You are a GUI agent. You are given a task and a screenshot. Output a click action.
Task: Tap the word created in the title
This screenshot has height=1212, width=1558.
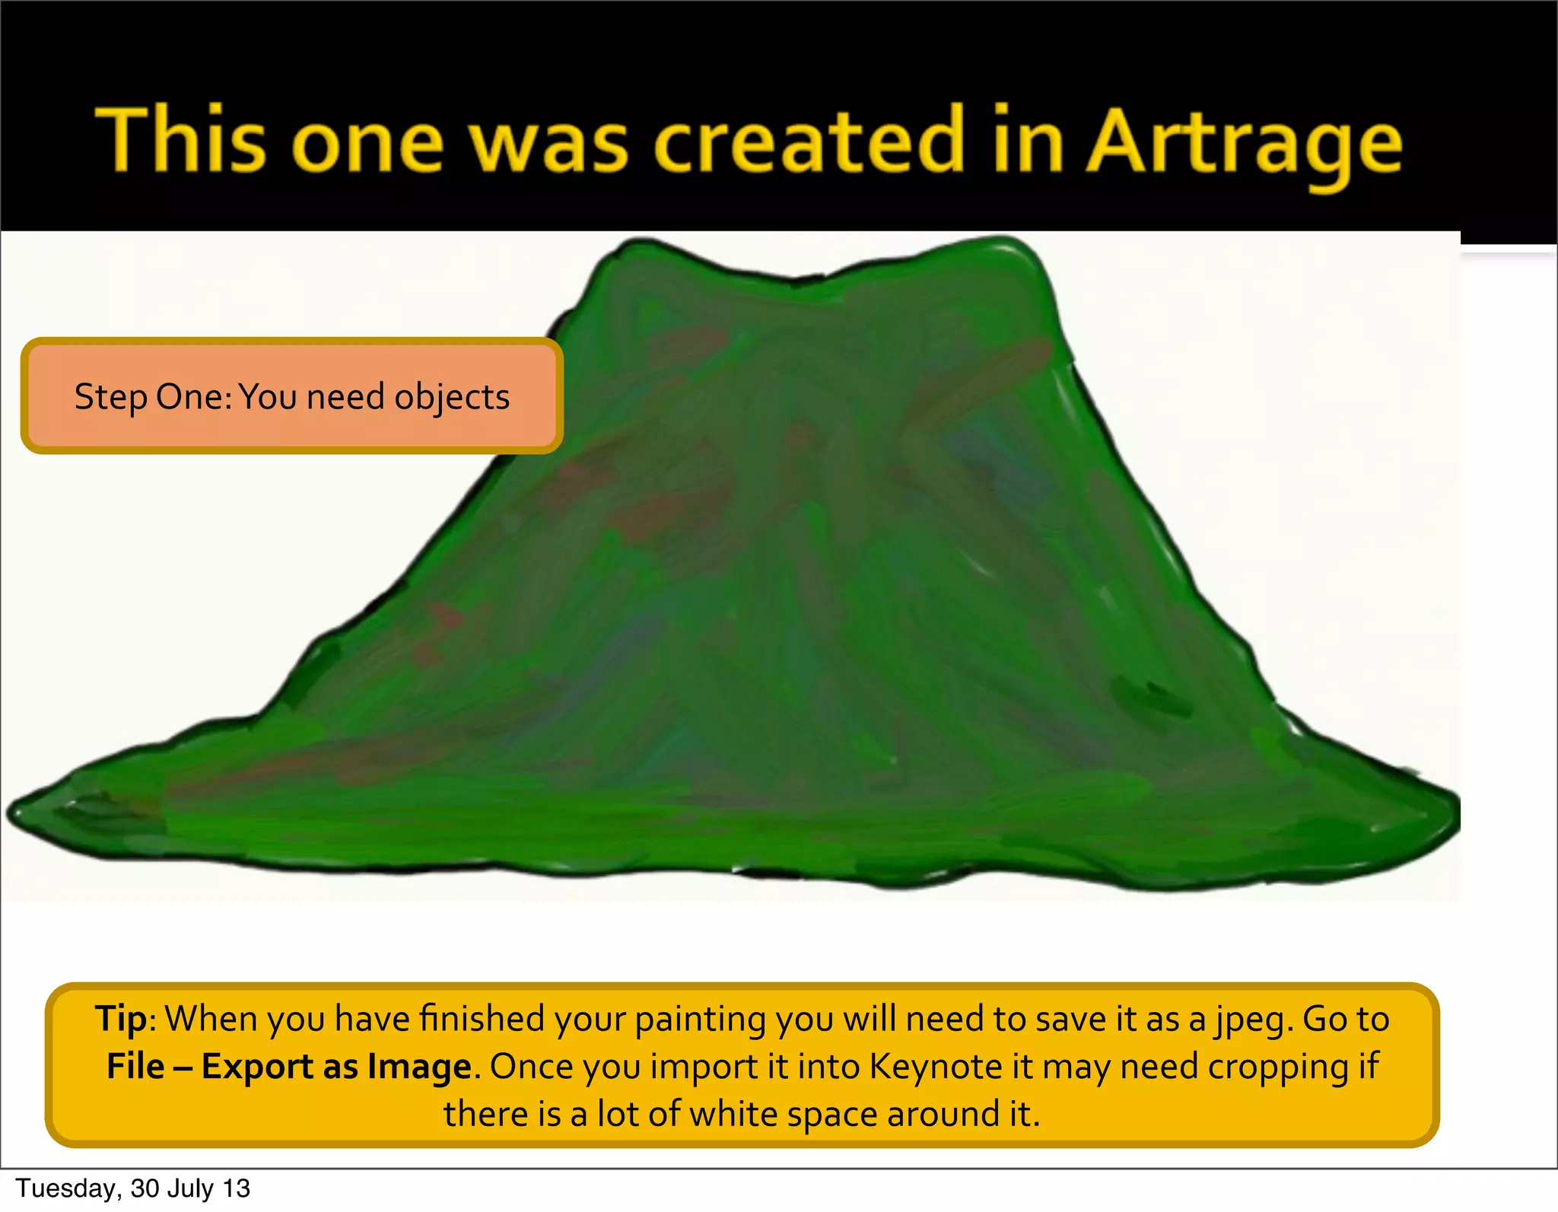(x=809, y=141)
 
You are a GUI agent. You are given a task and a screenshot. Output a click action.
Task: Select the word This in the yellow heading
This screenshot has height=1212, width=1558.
(x=181, y=141)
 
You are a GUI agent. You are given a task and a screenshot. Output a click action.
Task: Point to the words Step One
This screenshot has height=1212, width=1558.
(x=152, y=397)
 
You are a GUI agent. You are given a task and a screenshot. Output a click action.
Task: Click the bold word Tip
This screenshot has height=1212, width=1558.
(x=120, y=1020)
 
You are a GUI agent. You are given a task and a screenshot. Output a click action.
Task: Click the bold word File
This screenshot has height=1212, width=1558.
(x=135, y=1067)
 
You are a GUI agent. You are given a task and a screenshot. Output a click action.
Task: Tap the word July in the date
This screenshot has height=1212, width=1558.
(x=191, y=1188)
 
